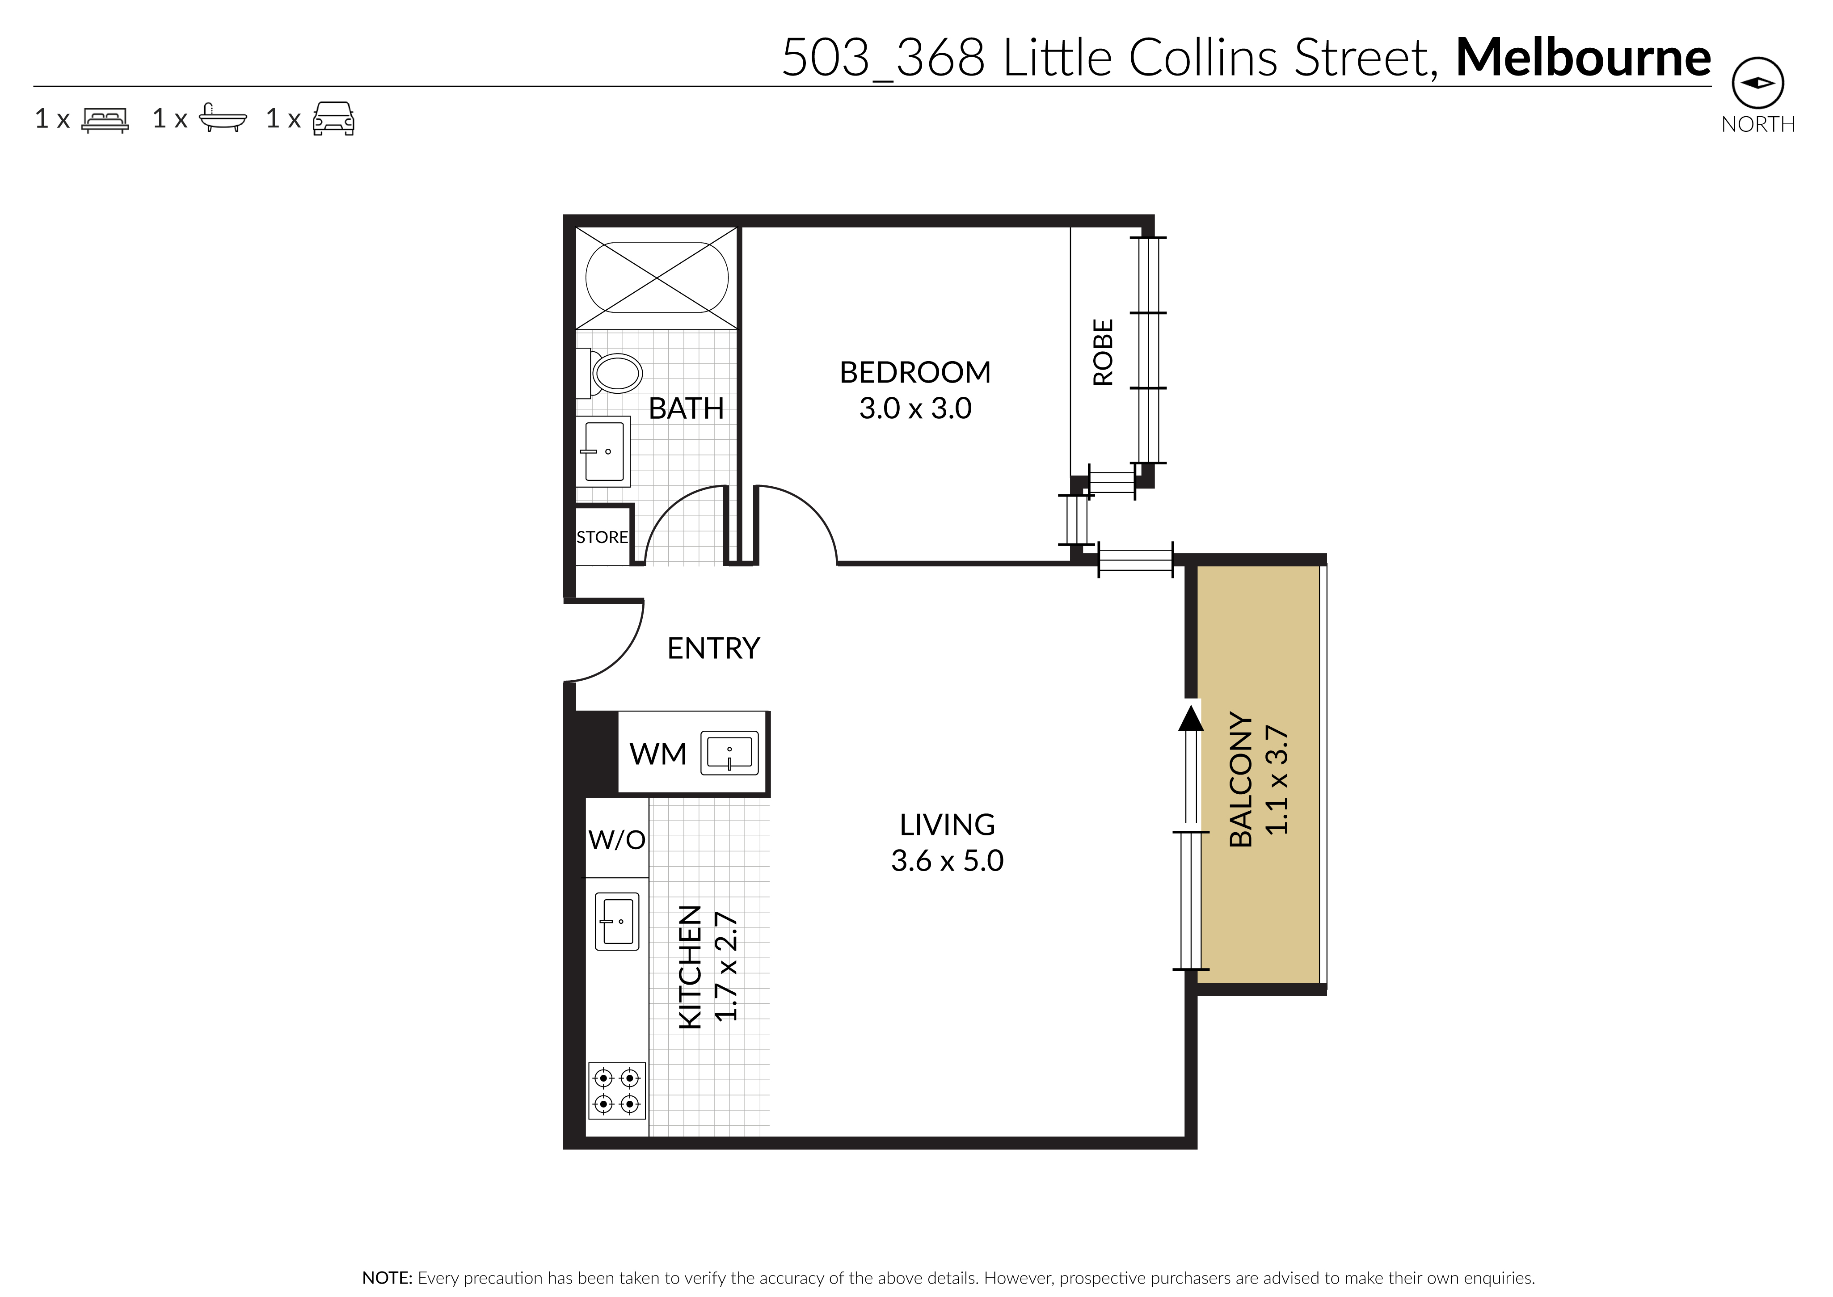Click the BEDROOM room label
tap(915, 372)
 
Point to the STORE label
tap(602, 538)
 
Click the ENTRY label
tap(713, 648)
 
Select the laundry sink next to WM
tap(729, 753)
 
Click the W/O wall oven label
tap(617, 839)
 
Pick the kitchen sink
tap(617, 921)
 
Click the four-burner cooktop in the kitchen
tap(617, 1091)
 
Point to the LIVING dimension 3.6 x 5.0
tap(947, 861)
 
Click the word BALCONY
tap(1240, 779)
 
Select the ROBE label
tap(1103, 352)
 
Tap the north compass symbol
tap(1758, 83)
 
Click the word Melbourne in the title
tap(1583, 58)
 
